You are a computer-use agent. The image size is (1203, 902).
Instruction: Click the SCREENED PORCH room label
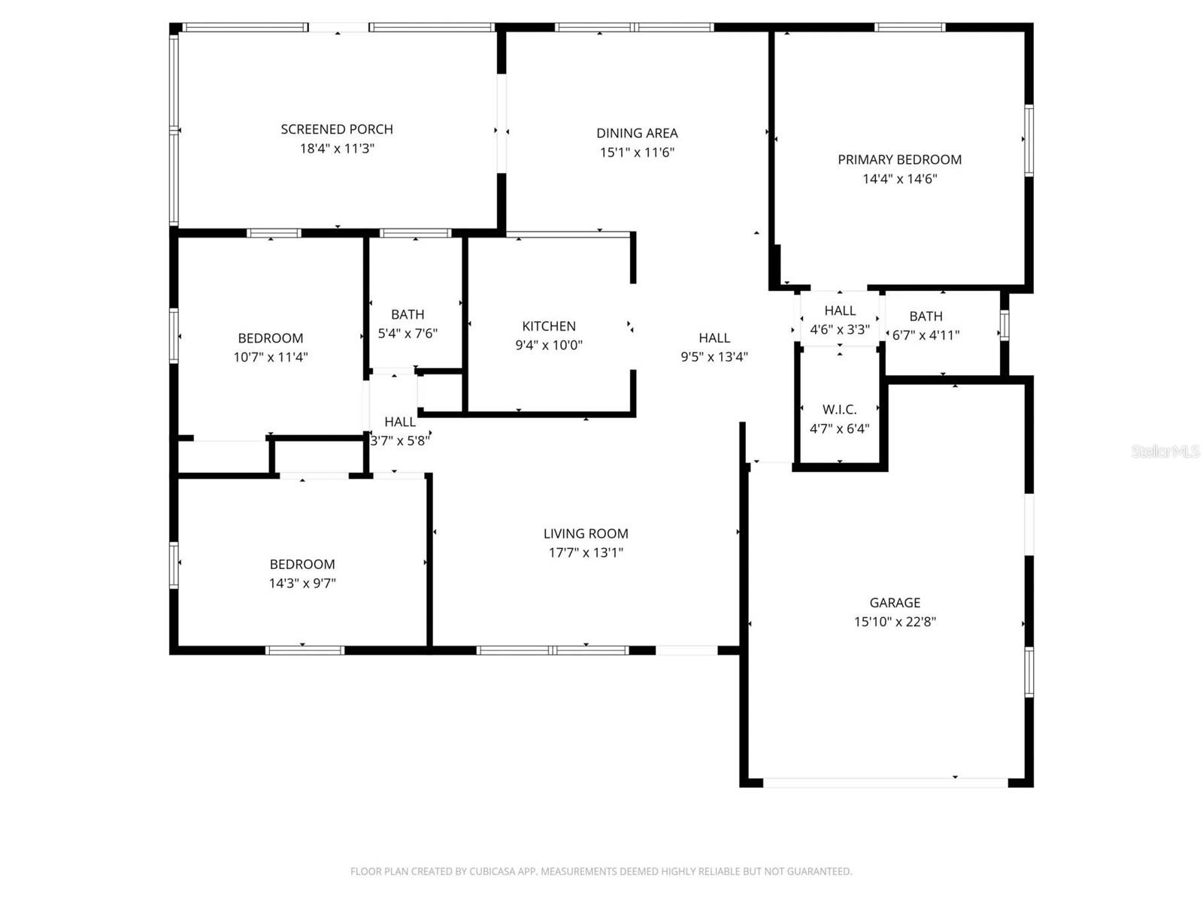(x=337, y=129)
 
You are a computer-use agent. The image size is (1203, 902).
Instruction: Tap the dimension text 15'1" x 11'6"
(x=637, y=153)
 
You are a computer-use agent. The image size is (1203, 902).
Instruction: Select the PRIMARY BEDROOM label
(x=899, y=159)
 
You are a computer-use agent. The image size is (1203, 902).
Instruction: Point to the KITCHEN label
(x=549, y=326)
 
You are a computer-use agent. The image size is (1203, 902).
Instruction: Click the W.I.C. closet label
(x=839, y=410)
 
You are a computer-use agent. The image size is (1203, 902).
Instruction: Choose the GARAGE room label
(x=895, y=603)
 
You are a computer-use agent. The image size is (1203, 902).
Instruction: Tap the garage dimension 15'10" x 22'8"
(x=895, y=622)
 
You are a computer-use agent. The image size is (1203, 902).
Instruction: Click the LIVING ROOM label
(x=586, y=534)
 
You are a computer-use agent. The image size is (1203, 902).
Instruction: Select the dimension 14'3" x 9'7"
(x=302, y=583)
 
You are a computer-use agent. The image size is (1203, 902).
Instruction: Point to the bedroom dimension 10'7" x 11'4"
(x=271, y=357)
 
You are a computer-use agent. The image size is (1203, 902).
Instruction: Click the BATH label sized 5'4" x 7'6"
(x=408, y=314)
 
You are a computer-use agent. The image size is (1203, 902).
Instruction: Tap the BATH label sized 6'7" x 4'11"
(x=926, y=316)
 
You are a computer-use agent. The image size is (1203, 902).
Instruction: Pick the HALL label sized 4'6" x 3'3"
(x=839, y=310)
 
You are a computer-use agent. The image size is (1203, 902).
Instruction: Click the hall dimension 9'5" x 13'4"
(x=714, y=357)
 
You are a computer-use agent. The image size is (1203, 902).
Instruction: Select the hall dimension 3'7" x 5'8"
(x=400, y=441)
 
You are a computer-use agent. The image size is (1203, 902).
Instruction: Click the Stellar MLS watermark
(x=1165, y=451)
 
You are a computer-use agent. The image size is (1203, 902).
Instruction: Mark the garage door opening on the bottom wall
(x=885, y=782)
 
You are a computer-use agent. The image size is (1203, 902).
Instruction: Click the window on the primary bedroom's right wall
(x=1029, y=141)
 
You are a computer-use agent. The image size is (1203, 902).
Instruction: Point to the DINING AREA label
(x=637, y=133)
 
